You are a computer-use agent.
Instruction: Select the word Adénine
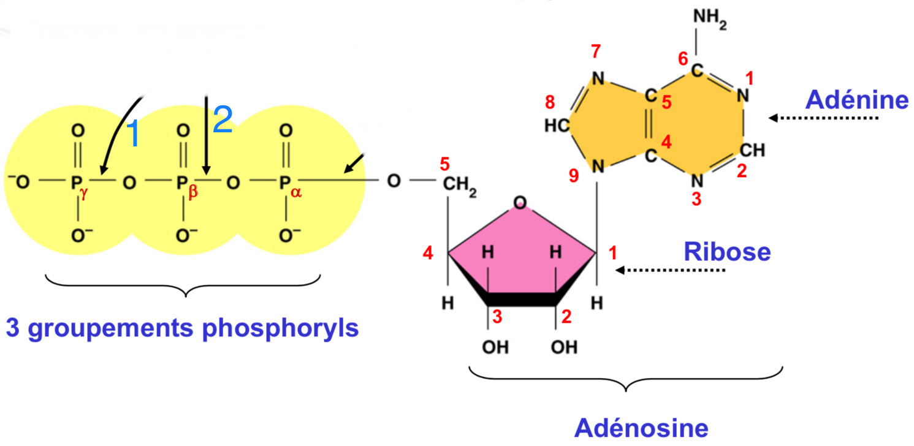tap(857, 99)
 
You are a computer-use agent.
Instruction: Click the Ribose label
tap(727, 251)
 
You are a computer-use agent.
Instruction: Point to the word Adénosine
tap(641, 428)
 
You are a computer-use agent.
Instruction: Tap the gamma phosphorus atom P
tap(76, 182)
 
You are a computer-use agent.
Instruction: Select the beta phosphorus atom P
tap(181, 182)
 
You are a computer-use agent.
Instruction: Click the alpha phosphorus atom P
tap(284, 182)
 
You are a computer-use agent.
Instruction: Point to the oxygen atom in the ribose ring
tap(520, 202)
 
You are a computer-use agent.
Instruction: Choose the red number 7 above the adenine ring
tap(596, 53)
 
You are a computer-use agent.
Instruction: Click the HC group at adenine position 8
tap(556, 126)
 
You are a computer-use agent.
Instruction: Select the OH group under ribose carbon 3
tap(495, 347)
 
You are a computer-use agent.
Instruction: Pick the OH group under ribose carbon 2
tap(564, 347)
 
